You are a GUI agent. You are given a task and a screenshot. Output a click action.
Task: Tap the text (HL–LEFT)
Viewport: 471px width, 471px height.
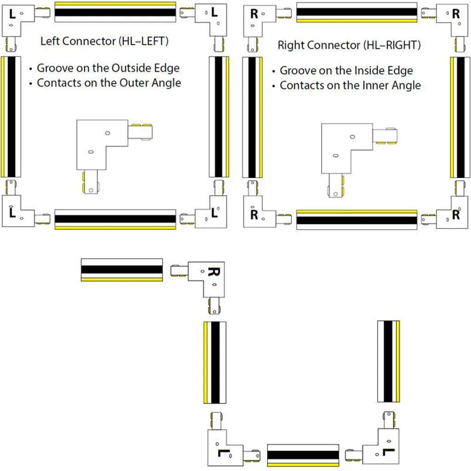click(x=144, y=41)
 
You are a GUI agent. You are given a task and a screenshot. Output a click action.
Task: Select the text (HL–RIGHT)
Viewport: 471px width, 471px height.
click(x=392, y=45)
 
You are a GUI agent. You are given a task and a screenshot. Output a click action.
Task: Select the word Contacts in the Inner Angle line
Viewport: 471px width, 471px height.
click(x=302, y=85)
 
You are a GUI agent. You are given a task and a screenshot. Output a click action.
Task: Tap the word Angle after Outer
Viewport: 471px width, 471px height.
click(x=166, y=83)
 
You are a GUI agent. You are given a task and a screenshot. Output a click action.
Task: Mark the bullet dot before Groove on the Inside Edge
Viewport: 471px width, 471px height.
click(x=273, y=71)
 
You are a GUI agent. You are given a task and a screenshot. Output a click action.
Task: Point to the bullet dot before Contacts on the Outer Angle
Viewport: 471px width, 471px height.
click(x=31, y=84)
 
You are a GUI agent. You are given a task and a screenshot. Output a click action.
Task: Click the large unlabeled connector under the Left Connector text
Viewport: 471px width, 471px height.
click(x=115, y=156)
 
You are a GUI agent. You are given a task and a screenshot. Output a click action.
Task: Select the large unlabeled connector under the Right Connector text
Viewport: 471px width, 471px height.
click(x=359, y=160)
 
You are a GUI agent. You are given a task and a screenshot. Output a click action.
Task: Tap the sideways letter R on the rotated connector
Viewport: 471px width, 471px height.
click(x=214, y=271)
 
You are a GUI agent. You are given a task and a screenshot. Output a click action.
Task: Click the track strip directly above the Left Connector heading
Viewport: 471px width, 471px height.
click(x=115, y=12)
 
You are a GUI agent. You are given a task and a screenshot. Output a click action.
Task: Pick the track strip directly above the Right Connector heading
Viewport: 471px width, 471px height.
click(x=357, y=12)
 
